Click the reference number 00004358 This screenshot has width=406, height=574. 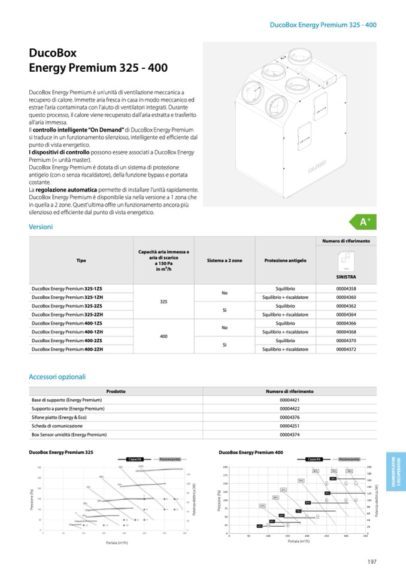[346, 288]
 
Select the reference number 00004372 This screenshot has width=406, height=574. [346, 349]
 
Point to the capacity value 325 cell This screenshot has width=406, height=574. [163, 302]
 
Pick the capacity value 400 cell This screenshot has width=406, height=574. [163, 336]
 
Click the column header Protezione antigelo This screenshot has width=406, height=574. [285, 261]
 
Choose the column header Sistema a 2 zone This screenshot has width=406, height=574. [225, 261]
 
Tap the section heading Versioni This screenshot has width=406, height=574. [41, 227]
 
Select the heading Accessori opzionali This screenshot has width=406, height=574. [57, 377]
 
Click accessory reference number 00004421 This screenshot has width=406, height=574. [289, 400]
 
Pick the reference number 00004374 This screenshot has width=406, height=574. [289, 435]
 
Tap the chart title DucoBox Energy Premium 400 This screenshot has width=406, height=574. [251, 453]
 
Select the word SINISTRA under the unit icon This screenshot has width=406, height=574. [346, 278]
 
